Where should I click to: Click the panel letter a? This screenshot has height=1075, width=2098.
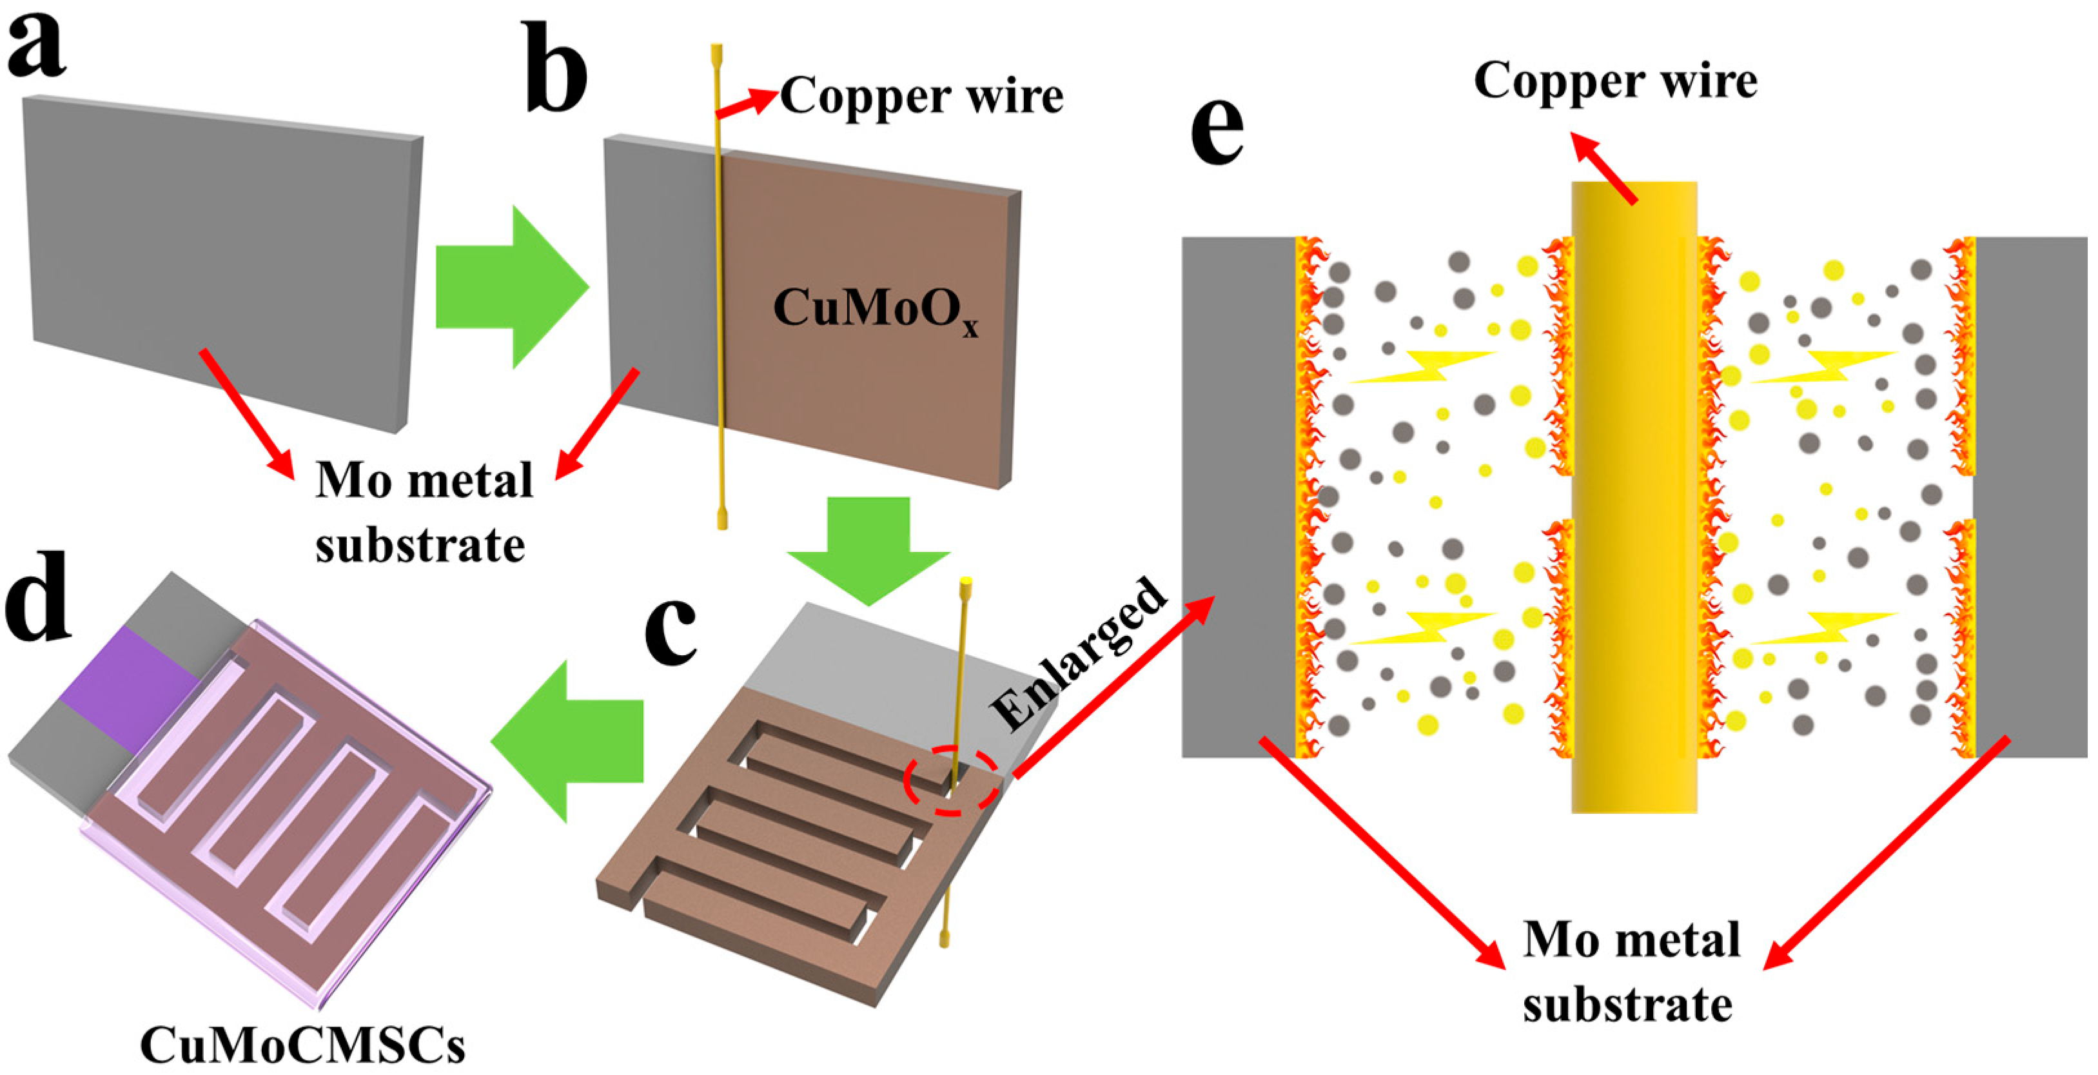point(36,46)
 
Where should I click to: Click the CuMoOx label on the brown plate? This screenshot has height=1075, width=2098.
point(876,310)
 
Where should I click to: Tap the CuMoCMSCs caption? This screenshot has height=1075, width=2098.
point(303,1045)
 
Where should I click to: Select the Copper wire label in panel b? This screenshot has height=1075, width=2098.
point(922,97)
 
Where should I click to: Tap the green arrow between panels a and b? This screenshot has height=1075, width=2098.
point(511,287)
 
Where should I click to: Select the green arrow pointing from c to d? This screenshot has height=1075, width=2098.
point(567,740)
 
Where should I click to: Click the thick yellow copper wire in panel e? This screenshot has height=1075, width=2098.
point(1634,497)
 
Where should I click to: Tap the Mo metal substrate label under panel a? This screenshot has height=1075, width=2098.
point(424,512)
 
